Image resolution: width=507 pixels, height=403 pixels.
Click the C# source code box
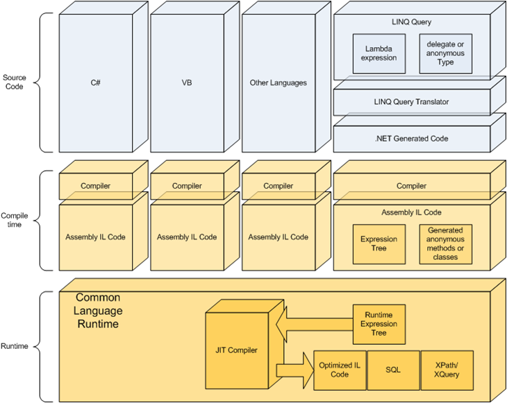(95, 83)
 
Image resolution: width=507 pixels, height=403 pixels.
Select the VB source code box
(187, 83)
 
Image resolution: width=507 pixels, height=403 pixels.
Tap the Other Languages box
(278, 83)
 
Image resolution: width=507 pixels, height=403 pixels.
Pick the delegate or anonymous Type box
(446, 53)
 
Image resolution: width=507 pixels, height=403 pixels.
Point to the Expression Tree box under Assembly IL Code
(379, 244)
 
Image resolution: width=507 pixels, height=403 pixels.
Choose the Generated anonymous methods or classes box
(445, 244)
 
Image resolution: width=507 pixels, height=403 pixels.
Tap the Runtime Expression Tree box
(379, 324)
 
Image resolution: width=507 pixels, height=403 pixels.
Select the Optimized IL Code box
(339, 370)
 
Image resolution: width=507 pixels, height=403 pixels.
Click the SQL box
(393, 370)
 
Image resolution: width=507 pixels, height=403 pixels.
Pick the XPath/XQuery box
(447, 370)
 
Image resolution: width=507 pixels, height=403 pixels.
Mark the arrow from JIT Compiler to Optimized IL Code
(295, 369)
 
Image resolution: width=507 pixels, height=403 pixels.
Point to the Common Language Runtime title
(98, 310)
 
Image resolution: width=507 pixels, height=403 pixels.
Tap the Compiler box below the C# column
(95, 186)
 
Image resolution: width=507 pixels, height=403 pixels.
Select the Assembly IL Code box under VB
(187, 237)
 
